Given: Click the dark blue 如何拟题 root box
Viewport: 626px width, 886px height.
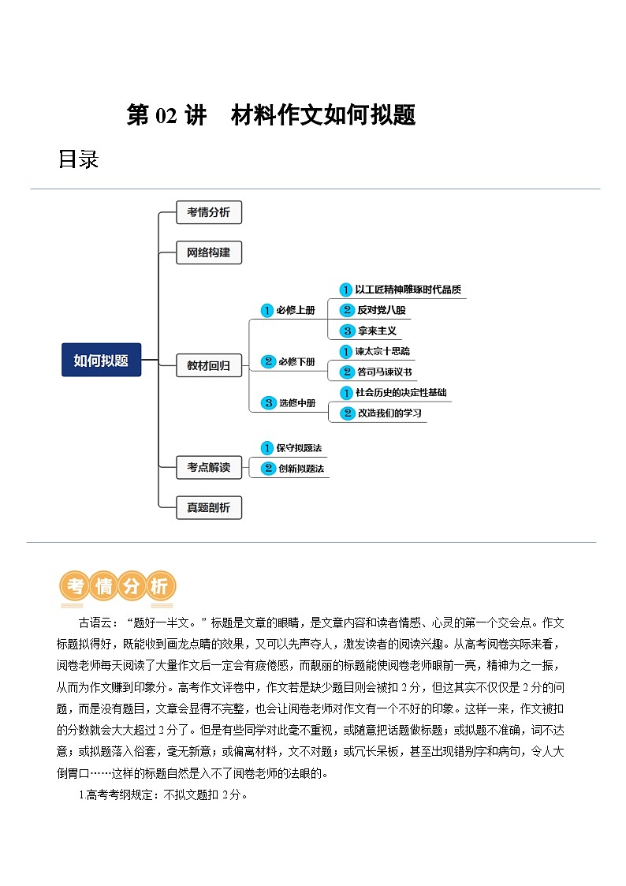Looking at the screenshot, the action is pos(101,360).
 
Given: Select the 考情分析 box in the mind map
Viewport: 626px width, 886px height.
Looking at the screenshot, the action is pos(208,212).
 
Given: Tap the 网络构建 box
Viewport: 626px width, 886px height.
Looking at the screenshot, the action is pos(208,252).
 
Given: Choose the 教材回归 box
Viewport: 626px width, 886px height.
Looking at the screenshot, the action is pos(208,365).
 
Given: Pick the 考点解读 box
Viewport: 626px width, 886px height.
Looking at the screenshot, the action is pos(208,467).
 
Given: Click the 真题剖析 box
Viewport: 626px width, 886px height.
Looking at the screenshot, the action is pos(208,507).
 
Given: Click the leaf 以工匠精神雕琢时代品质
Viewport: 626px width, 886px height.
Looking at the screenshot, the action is pos(407,290).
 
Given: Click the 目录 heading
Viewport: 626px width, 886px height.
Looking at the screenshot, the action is pos(78,159).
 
